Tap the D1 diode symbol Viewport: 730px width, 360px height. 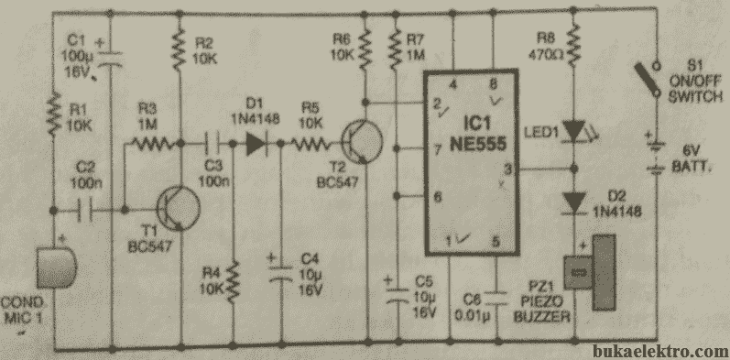(256, 142)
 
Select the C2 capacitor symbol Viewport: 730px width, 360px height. (89, 211)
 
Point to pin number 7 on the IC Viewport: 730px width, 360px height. (438, 148)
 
